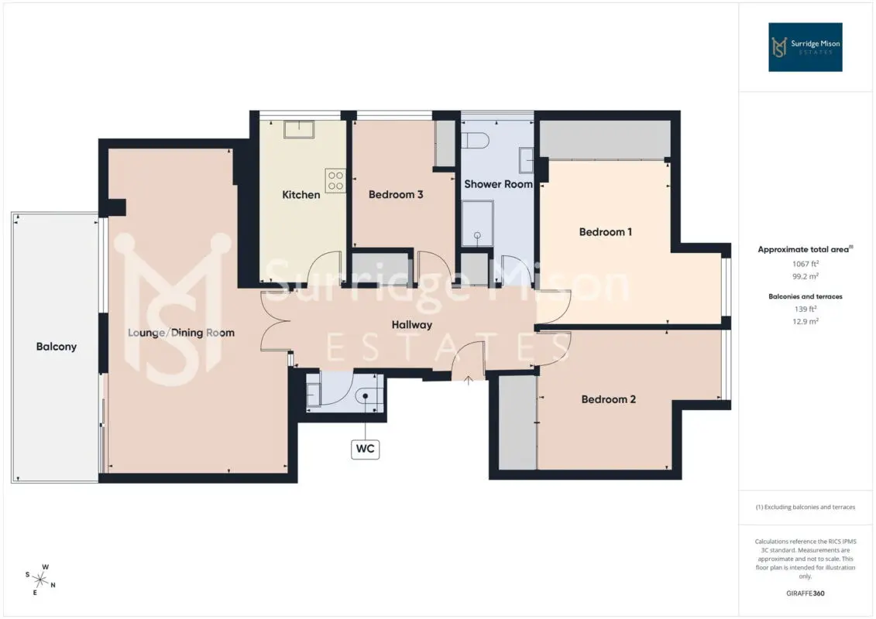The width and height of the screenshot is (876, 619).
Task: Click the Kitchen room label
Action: (301, 195)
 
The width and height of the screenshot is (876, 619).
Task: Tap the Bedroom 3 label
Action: (396, 195)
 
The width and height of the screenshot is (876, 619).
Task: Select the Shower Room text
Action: (498, 184)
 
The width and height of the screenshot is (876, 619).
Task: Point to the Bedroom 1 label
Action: (606, 231)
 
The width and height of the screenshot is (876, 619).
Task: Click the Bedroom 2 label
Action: (608, 399)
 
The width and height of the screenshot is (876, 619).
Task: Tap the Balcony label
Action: (57, 347)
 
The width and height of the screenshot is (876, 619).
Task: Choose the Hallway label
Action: (412, 325)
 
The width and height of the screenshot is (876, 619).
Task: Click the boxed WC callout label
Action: (366, 449)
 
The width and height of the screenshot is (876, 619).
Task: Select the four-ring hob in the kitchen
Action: (335, 181)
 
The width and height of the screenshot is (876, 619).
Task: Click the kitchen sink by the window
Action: (299, 129)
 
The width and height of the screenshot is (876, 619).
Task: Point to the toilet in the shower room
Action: (476, 140)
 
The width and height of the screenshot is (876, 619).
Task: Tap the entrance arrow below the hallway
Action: (468, 381)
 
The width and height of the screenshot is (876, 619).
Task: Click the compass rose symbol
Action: (40, 580)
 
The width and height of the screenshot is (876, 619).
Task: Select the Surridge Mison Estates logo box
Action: (805, 47)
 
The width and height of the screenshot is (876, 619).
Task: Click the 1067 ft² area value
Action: (806, 263)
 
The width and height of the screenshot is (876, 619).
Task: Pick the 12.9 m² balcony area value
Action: (806, 322)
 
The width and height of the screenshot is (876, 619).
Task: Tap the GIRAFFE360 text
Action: (805, 593)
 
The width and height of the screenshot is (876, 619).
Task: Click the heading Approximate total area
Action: (805, 249)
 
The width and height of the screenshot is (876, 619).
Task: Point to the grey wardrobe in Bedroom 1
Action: (605, 139)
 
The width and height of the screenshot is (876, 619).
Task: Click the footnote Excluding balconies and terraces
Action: (805, 508)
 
